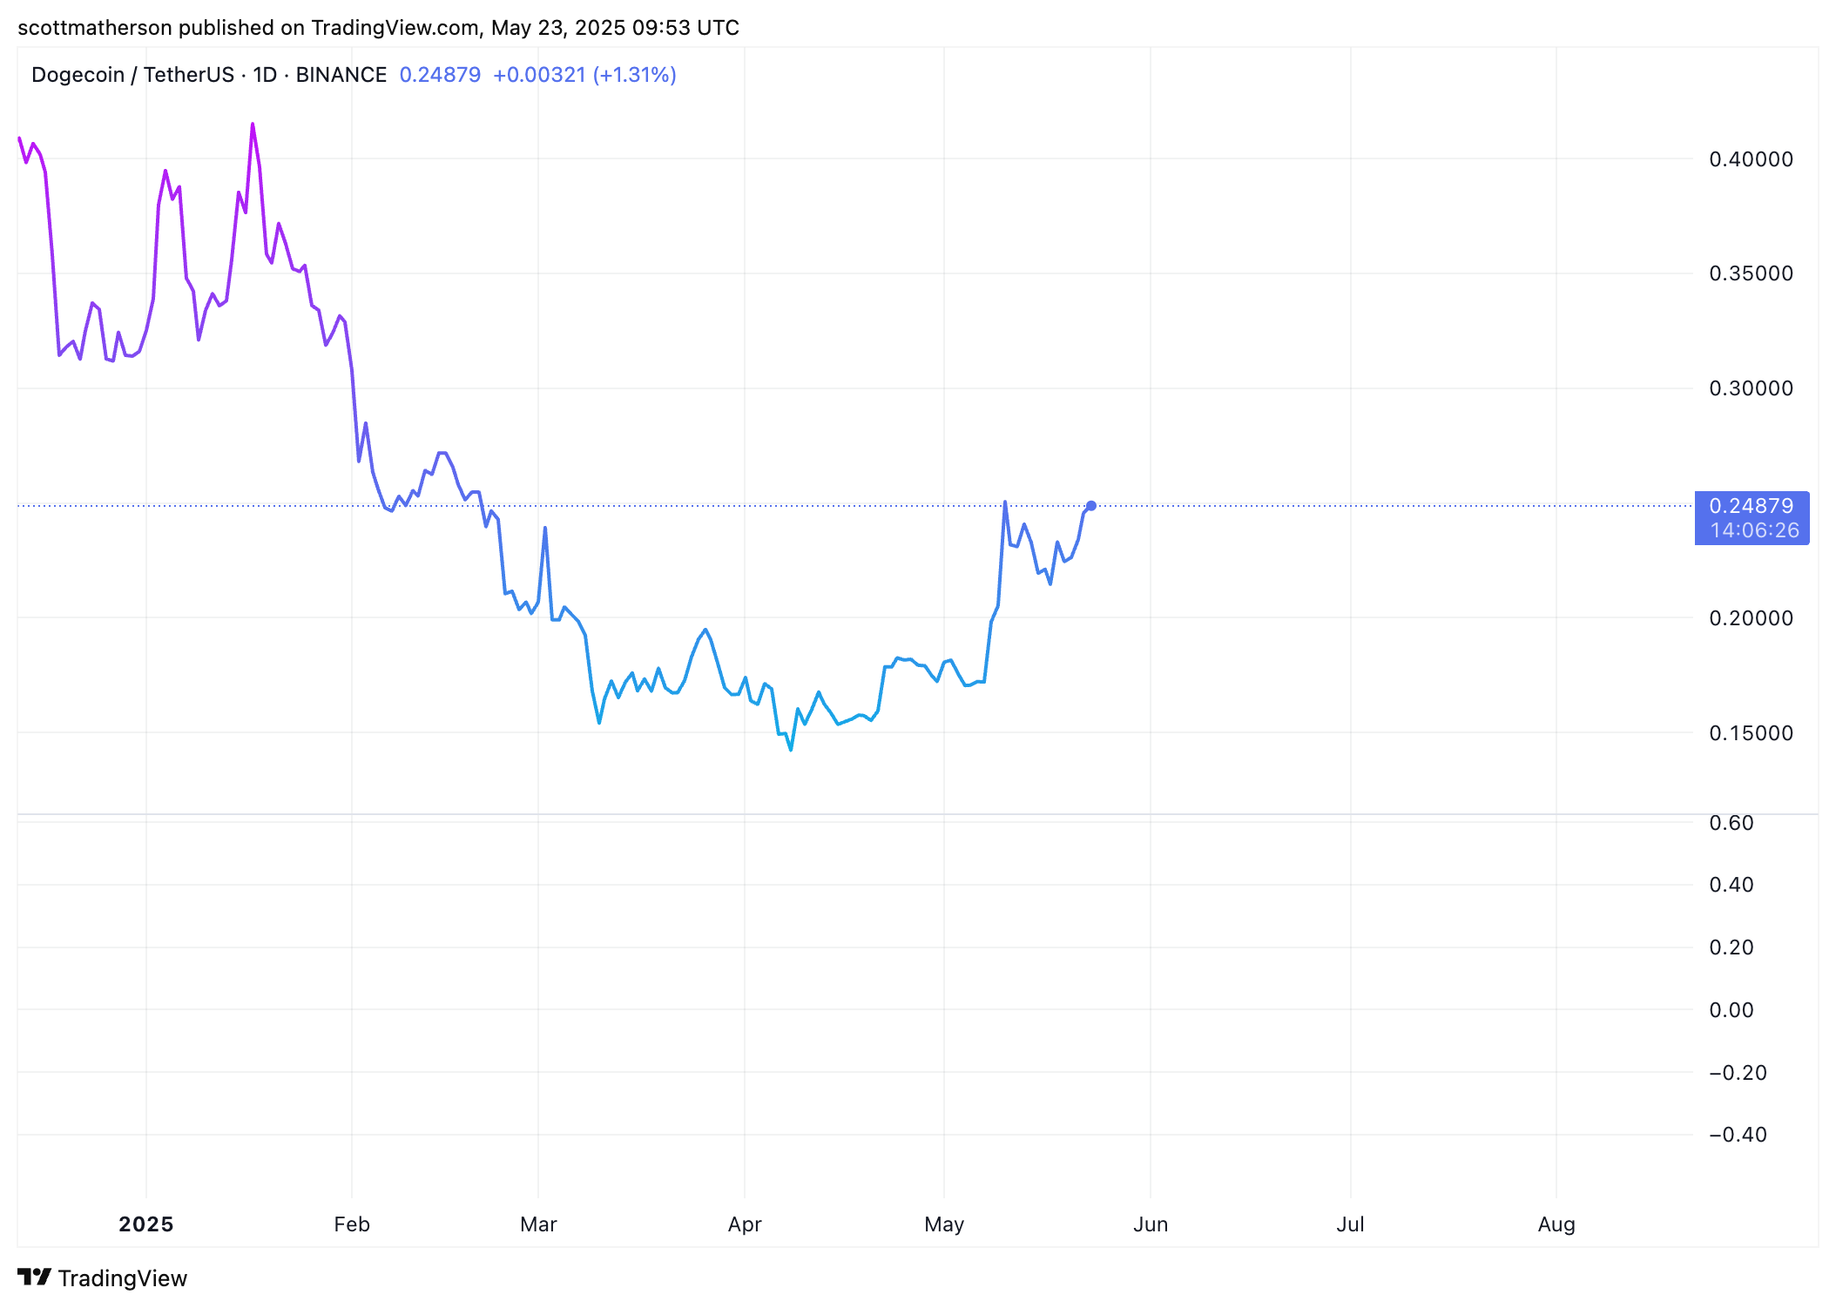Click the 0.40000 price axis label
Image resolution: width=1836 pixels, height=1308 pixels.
click(1751, 159)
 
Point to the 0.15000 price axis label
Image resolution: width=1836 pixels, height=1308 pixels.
click(1751, 733)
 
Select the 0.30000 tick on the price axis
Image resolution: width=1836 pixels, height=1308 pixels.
click(1751, 388)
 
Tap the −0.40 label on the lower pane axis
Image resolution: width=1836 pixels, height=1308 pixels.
click(1738, 1135)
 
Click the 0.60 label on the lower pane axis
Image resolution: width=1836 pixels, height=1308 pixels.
click(1731, 823)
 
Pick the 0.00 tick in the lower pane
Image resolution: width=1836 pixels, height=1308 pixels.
click(1731, 1010)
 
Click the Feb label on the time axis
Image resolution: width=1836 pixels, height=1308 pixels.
click(352, 1224)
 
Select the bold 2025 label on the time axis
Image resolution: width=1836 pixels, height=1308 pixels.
click(146, 1224)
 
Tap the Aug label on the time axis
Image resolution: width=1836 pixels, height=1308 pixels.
click(1556, 1224)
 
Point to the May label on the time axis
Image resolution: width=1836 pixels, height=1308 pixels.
click(944, 1224)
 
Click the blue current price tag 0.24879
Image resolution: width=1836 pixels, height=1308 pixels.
click(1751, 506)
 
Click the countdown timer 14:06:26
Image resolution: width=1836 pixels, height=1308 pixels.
click(1754, 530)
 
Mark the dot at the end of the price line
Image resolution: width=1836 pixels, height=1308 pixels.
click(1091, 506)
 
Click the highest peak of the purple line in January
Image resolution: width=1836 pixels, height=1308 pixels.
click(253, 125)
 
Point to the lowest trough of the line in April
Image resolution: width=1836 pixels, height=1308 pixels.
click(791, 750)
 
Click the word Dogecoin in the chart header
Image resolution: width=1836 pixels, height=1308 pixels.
click(78, 75)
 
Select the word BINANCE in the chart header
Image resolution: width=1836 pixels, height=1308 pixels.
click(341, 75)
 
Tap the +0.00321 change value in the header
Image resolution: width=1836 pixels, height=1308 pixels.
click(539, 75)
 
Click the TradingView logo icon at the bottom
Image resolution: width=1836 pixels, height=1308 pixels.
click(35, 1277)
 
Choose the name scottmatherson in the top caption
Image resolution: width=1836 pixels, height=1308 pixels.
click(95, 28)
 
